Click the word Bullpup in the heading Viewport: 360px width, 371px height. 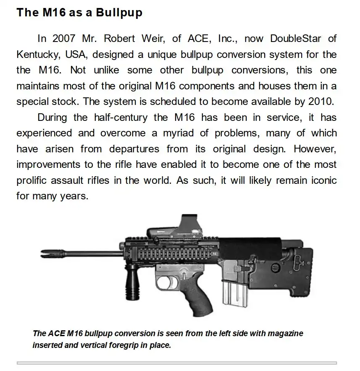click(119, 13)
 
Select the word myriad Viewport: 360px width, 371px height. click(183, 133)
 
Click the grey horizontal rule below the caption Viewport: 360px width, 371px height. click(176, 363)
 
